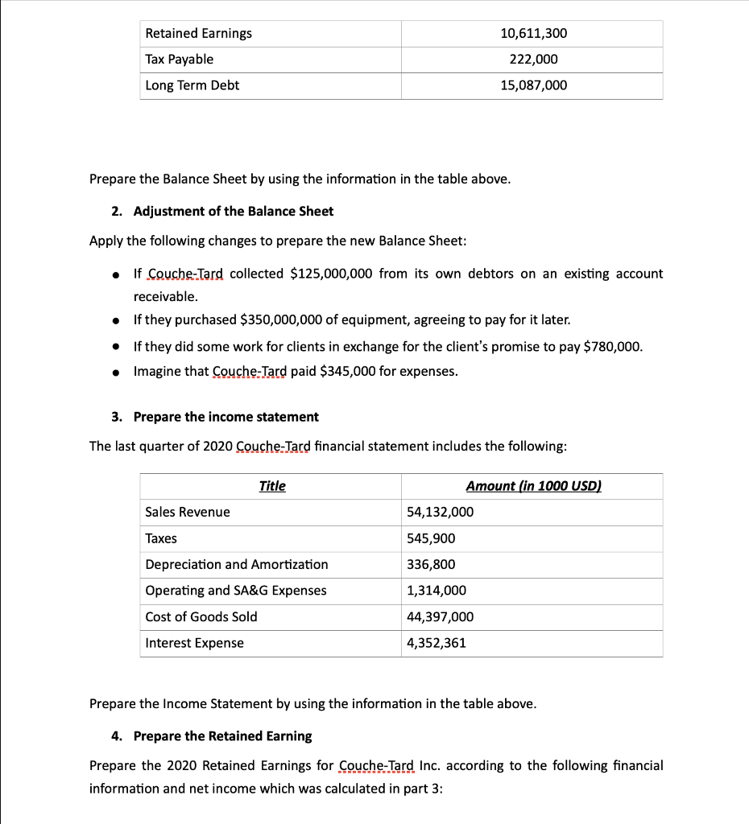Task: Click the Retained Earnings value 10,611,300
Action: coord(533,33)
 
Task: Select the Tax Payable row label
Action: coord(179,59)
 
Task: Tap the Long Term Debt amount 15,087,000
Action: coord(533,85)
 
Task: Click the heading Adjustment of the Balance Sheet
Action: coord(233,211)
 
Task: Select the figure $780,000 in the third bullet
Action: coord(612,347)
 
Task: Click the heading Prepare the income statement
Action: coord(226,417)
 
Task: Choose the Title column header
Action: coord(272,486)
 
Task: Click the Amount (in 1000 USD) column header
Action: coord(533,486)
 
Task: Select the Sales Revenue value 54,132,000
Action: coord(441,512)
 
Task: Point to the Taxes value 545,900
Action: coord(431,538)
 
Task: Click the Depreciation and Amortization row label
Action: coord(237,564)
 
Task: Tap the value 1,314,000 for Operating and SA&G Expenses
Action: coord(437,591)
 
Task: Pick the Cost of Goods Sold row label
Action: coord(201,616)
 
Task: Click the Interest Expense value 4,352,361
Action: coord(437,643)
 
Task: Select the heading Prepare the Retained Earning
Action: coord(222,736)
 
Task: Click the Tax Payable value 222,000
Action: coord(533,59)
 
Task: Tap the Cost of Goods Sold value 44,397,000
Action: coord(441,616)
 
